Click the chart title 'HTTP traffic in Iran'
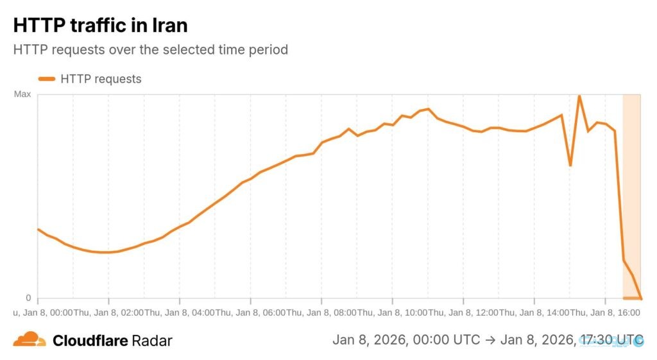pos(100,26)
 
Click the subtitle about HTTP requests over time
pos(150,49)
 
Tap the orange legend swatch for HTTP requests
pos(47,79)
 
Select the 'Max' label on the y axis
pos(22,94)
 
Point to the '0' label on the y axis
pos(28,298)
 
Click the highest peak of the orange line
pos(579,96)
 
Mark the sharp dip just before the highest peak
pos(570,166)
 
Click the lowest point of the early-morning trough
pos(106,252)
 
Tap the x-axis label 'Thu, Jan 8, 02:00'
pos(108,313)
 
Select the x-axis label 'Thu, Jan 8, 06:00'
pos(250,313)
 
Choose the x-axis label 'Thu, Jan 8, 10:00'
pos(392,313)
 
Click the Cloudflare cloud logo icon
pos(30,339)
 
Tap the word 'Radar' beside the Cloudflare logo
pos(152,340)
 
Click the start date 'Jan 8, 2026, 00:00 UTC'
pos(406,339)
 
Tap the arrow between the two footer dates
pos(490,339)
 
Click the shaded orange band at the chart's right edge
pos(632,193)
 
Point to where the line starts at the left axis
pos(38,229)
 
